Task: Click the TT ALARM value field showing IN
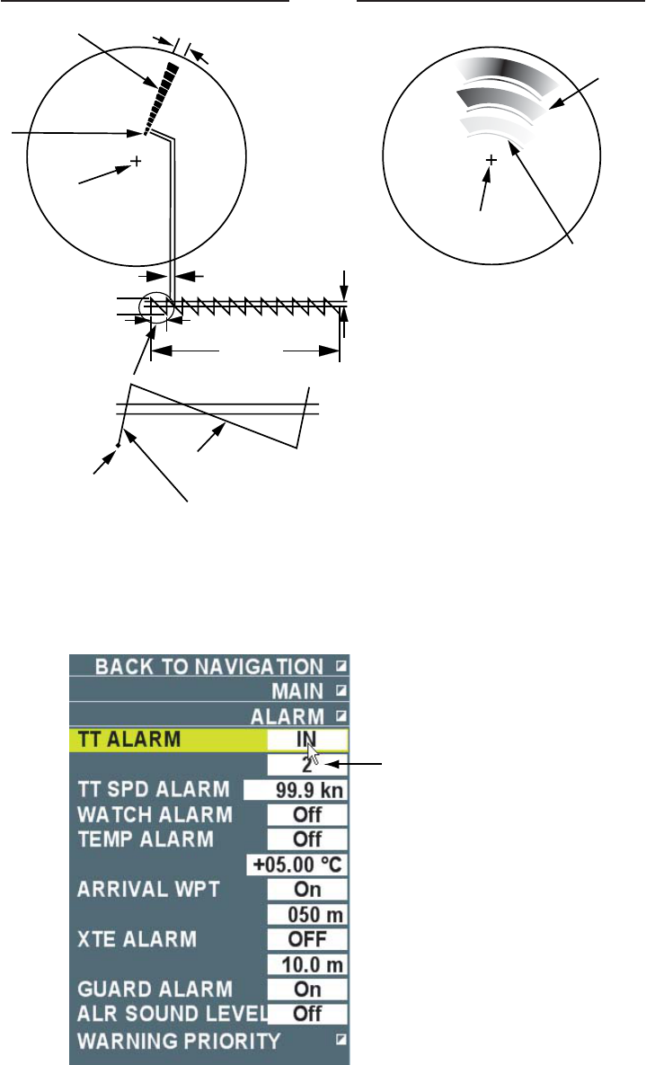(307, 739)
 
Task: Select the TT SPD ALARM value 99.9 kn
(296, 790)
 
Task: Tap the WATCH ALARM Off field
(307, 814)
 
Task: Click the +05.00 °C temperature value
(296, 865)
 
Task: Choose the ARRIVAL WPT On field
(307, 889)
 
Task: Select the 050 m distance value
(307, 914)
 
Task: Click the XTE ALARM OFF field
(307, 939)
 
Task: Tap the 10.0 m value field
(307, 963)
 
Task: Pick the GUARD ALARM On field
(307, 989)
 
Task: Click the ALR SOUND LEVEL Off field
(307, 1014)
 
